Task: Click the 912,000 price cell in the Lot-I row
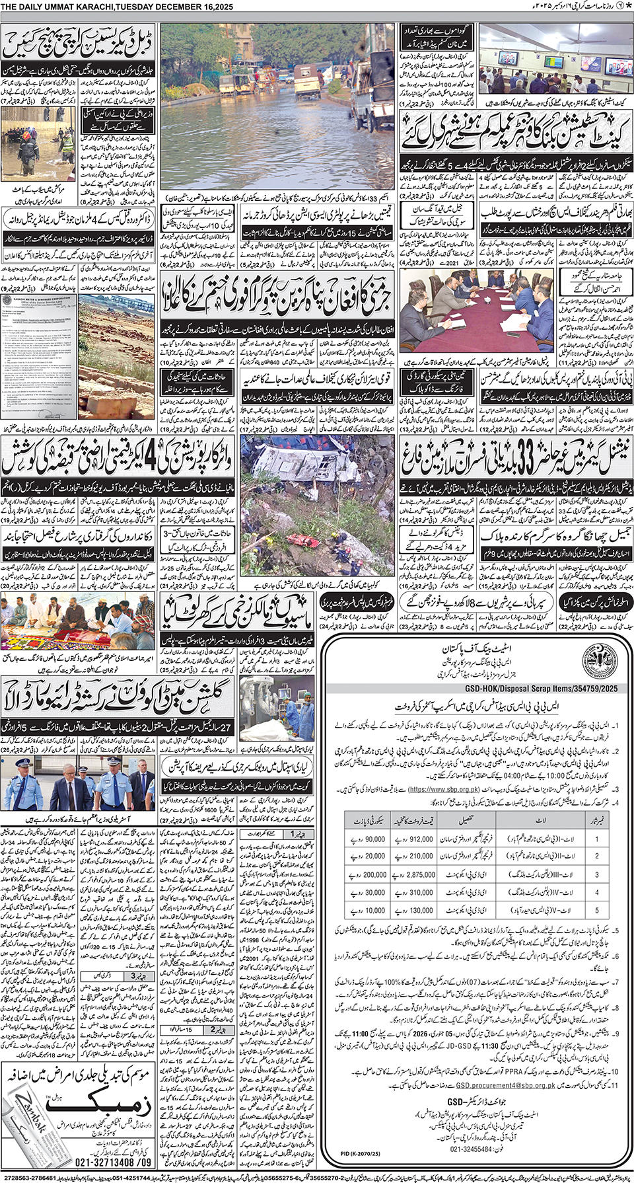(413, 839)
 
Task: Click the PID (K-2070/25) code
(361, 1153)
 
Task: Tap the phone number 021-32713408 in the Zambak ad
(113, 1162)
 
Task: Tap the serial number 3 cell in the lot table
(596, 874)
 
